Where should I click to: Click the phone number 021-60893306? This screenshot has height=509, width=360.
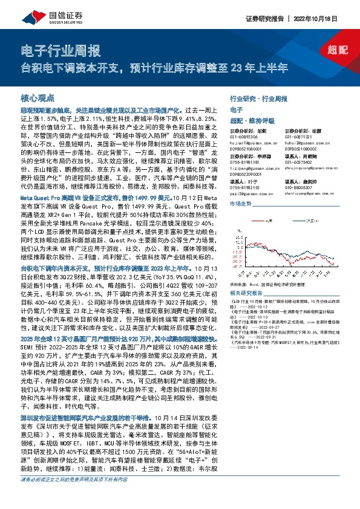[244, 137]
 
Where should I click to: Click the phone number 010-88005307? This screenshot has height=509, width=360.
[298, 188]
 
